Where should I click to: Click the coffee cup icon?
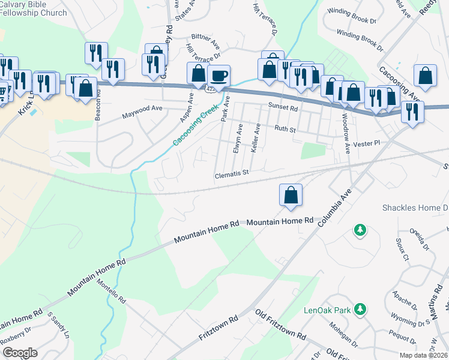tap(219, 76)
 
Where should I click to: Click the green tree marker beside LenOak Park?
tap(360, 309)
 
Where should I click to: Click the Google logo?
tap(20, 352)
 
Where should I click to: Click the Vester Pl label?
tap(367, 144)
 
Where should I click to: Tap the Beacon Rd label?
tap(97, 108)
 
